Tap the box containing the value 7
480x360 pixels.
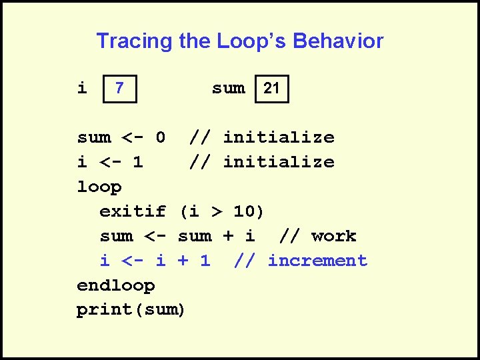119,89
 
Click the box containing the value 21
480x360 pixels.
272,89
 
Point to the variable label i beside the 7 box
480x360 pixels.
82,88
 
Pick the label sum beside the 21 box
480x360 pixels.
228,88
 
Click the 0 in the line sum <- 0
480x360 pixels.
160,137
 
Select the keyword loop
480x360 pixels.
99,187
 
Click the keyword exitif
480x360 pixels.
133,211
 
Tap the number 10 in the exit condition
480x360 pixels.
244,211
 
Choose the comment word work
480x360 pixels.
333,236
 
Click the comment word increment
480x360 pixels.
317,261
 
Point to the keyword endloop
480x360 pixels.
116,285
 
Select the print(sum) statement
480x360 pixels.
131,310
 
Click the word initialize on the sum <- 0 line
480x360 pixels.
278,137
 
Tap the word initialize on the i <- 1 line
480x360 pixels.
278,162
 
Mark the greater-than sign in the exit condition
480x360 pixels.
216,211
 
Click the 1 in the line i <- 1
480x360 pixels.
138,162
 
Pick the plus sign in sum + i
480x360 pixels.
227,236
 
